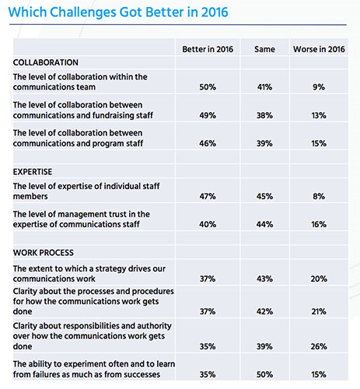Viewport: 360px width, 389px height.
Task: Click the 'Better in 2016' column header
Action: pyautogui.click(x=208, y=49)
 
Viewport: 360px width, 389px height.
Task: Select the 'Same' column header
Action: pyautogui.click(x=264, y=49)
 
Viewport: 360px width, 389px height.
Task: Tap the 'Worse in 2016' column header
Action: pyautogui.click(x=319, y=49)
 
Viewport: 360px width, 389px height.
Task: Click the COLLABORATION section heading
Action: pyautogui.click(x=46, y=62)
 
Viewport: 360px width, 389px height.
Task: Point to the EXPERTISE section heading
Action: pyautogui.click(x=33, y=172)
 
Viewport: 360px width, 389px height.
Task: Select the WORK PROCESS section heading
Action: pyautogui.click(x=44, y=253)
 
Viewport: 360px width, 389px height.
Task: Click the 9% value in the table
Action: pyautogui.click(x=319, y=87)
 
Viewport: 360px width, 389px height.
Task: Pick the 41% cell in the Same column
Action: pyautogui.click(x=264, y=87)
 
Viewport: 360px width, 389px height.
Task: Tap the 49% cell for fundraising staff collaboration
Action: pyautogui.click(x=208, y=115)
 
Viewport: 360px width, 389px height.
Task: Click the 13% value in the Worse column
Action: pyautogui.click(x=319, y=115)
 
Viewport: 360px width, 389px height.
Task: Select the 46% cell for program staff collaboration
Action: pyautogui.click(x=208, y=143)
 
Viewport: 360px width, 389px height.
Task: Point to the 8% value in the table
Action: pyautogui.click(x=319, y=196)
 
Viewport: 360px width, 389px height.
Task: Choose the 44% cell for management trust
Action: pyautogui.click(x=264, y=224)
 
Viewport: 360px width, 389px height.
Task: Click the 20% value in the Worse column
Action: pyautogui.click(x=319, y=279)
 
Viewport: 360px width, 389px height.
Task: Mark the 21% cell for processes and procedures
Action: pyautogui.click(x=319, y=311)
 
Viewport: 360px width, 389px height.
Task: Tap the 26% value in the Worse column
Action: pyautogui.click(x=319, y=346)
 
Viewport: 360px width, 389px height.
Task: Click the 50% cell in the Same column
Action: pyautogui.click(x=264, y=374)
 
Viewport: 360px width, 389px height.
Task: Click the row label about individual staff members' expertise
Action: pyautogui.click(x=86, y=191)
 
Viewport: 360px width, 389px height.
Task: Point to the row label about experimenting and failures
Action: pyautogui.click(x=94, y=370)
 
